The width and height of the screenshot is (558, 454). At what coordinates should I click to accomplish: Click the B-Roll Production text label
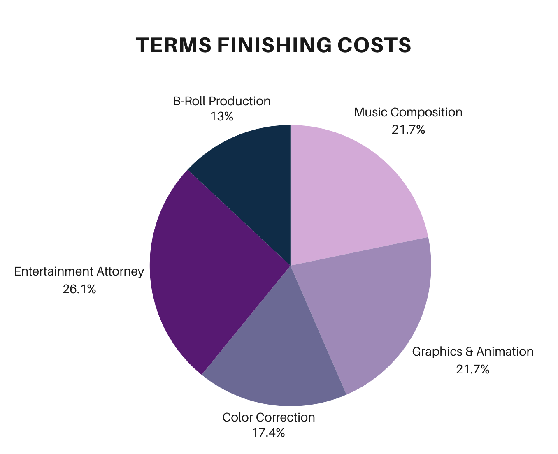coord(222,101)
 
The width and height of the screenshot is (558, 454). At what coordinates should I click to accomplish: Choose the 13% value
coord(222,117)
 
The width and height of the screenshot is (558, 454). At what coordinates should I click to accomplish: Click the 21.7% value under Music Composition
coord(408,130)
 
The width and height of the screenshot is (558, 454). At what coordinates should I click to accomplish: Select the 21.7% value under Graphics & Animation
coord(472,369)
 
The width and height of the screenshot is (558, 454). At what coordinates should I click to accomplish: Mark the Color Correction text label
coord(268,417)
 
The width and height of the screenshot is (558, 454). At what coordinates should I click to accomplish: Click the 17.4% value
coord(268,433)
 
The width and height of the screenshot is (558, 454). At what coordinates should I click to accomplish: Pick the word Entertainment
coord(53,272)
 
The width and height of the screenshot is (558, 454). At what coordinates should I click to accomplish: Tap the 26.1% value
coord(79,290)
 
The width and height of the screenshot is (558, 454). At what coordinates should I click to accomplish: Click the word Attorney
coord(121,272)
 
